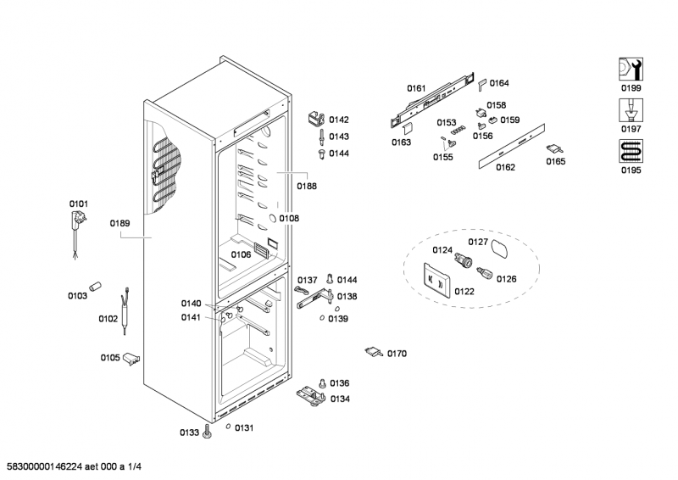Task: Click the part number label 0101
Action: click(78, 204)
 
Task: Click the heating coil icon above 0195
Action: click(630, 152)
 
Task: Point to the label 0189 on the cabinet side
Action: click(119, 224)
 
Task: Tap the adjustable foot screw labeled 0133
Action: click(208, 432)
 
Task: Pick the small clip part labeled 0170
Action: click(374, 352)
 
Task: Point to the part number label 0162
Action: click(505, 167)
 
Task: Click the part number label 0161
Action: click(415, 88)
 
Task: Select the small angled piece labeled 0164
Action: click(481, 84)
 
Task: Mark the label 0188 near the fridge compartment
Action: click(307, 186)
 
